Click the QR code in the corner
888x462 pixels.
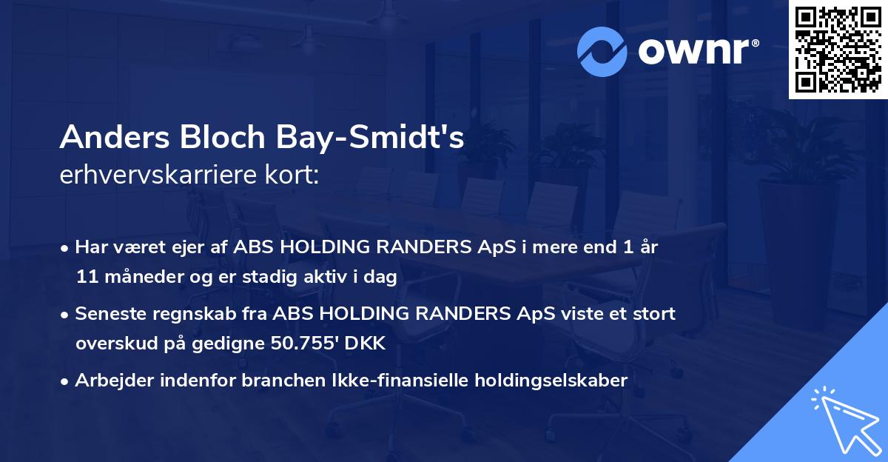[837, 49]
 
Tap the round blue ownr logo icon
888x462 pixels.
[603, 51]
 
